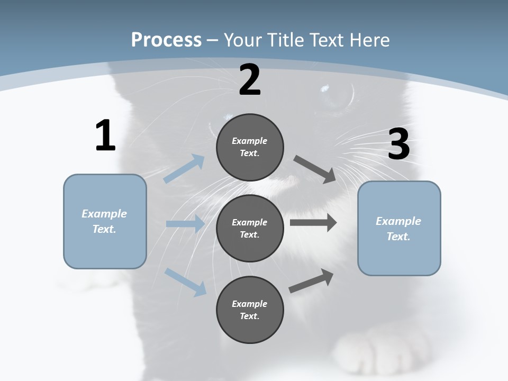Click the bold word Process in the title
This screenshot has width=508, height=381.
click(x=166, y=40)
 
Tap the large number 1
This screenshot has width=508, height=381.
click(x=105, y=136)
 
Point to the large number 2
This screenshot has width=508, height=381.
click(x=250, y=80)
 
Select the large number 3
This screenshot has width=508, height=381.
click(x=398, y=144)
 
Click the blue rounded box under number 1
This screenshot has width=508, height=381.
click(x=105, y=221)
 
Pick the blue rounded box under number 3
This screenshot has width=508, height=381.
click(x=399, y=228)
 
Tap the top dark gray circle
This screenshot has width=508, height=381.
click(x=250, y=147)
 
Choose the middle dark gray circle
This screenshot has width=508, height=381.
click(x=250, y=228)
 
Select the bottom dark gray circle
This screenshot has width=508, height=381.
click(x=250, y=310)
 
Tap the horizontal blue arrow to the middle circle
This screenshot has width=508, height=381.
click(x=185, y=224)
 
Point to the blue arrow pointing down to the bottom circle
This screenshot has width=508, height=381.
click(x=185, y=282)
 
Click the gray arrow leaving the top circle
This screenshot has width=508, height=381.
click(x=315, y=169)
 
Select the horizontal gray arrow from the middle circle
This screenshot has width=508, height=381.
click(x=313, y=223)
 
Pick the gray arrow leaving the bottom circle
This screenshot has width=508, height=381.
click(x=311, y=281)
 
